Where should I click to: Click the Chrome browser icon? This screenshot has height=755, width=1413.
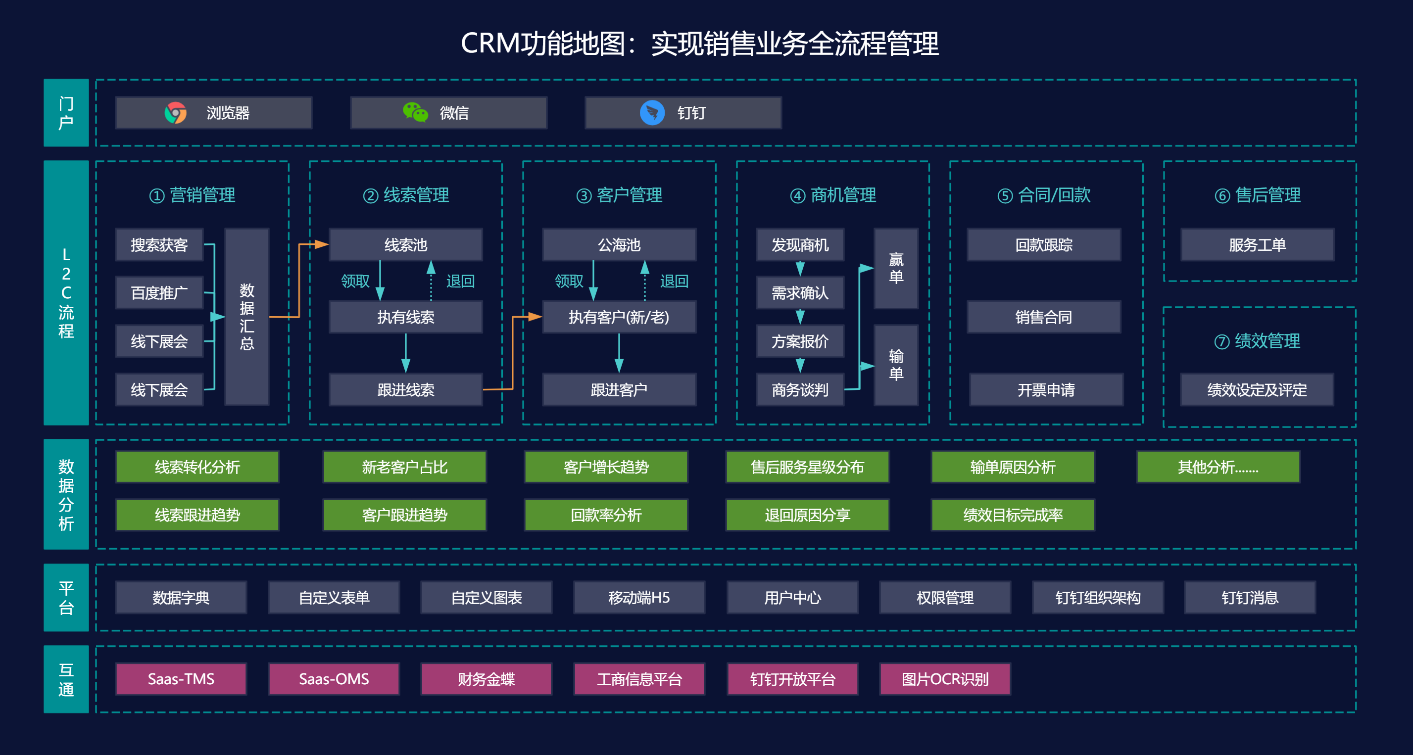pyautogui.click(x=176, y=113)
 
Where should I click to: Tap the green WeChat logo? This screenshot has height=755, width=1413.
pyautogui.click(x=415, y=112)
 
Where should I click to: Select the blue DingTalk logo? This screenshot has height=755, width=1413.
pyautogui.click(x=652, y=113)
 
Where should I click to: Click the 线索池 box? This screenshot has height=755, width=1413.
pyautogui.click(x=405, y=244)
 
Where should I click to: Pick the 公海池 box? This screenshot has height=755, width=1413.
pyautogui.click(x=619, y=244)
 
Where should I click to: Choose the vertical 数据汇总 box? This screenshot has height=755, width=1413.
pyautogui.click(x=247, y=317)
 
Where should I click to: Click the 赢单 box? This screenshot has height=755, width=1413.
pyautogui.click(x=896, y=268)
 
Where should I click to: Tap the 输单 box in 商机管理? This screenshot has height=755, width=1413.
pyautogui.click(x=896, y=365)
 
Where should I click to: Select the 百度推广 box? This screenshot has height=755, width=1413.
pyautogui.click(x=159, y=293)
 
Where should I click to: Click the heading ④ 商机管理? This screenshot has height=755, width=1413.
pyautogui.click(x=832, y=195)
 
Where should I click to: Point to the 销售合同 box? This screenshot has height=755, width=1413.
pyautogui.click(x=1043, y=317)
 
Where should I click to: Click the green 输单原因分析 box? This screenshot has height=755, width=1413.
pyautogui.click(x=1013, y=467)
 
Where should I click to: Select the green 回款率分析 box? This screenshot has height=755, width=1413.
pyautogui.click(x=606, y=515)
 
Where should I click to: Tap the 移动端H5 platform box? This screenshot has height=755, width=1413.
pyautogui.click(x=638, y=597)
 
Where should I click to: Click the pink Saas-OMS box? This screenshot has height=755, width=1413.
pyautogui.click(x=334, y=679)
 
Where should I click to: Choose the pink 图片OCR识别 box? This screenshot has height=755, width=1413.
pyautogui.click(x=945, y=679)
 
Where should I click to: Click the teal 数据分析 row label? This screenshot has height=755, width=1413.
pyautogui.click(x=66, y=494)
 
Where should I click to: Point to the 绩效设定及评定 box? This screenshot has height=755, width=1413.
pyautogui.click(x=1257, y=390)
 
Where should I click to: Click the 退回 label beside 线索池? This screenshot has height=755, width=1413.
pyautogui.click(x=460, y=282)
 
